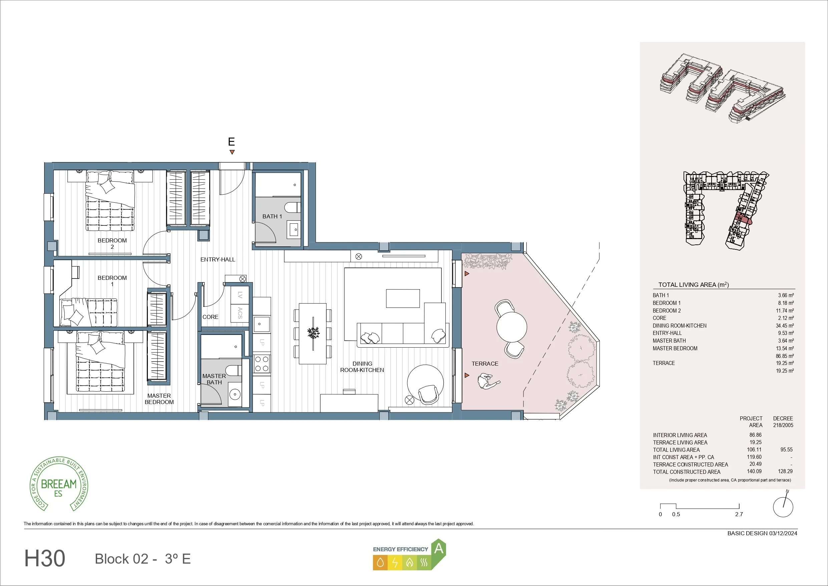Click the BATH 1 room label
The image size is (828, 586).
click(x=272, y=216)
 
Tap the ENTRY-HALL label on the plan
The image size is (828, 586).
click(x=218, y=259)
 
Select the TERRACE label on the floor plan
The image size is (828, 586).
click(x=485, y=364)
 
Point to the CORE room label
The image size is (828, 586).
click(x=210, y=317)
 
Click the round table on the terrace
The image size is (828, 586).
click(x=511, y=327)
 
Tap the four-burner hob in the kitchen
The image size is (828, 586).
click(x=262, y=364)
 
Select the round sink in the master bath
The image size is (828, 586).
click(x=235, y=394)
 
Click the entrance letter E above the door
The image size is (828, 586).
click(x=232, y=142)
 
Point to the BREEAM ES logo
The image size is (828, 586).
click(x=59, y=484)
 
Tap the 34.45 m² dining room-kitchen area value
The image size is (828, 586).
click(x=785, y=326)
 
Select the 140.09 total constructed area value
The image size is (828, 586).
click(x=754, y=471)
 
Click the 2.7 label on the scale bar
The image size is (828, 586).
click(x=739, y=514)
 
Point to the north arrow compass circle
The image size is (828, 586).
click(x=783, y=507)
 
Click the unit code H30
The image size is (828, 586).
click(x=45, y=558)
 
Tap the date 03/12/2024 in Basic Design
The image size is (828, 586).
click(x=783, y=533)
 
